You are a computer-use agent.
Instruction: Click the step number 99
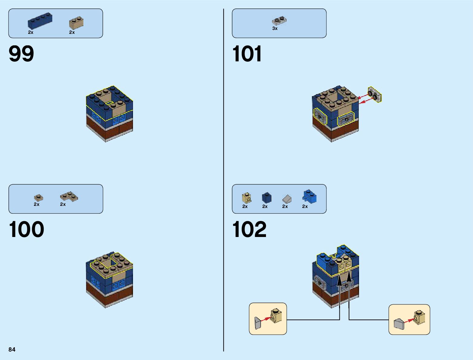(x=21, y=54)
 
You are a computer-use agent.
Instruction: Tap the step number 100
(x=27, y=229)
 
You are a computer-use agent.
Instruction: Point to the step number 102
(x=249, y=229)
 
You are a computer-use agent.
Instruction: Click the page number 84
(x=12, y=349)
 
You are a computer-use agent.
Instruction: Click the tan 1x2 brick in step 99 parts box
(x=76, y=23)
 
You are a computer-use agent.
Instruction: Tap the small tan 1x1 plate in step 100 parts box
(x=38, y=198)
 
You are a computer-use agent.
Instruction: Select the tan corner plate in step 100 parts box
(x=69, y=196)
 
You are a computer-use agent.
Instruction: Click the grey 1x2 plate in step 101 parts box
(x=279, y=21)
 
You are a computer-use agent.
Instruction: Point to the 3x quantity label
(x=275, y=28)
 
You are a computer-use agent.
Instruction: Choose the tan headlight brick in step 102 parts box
(x=246, y=198)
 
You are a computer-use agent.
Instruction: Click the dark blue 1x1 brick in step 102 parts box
(x=267, y=198)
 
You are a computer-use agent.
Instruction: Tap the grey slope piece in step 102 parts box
(x=287, y=199)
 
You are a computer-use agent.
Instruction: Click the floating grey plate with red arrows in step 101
(x=375, y=94)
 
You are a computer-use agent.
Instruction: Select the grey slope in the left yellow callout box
(x=258, y=323)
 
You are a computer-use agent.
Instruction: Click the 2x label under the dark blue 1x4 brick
(x=31, y=32)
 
